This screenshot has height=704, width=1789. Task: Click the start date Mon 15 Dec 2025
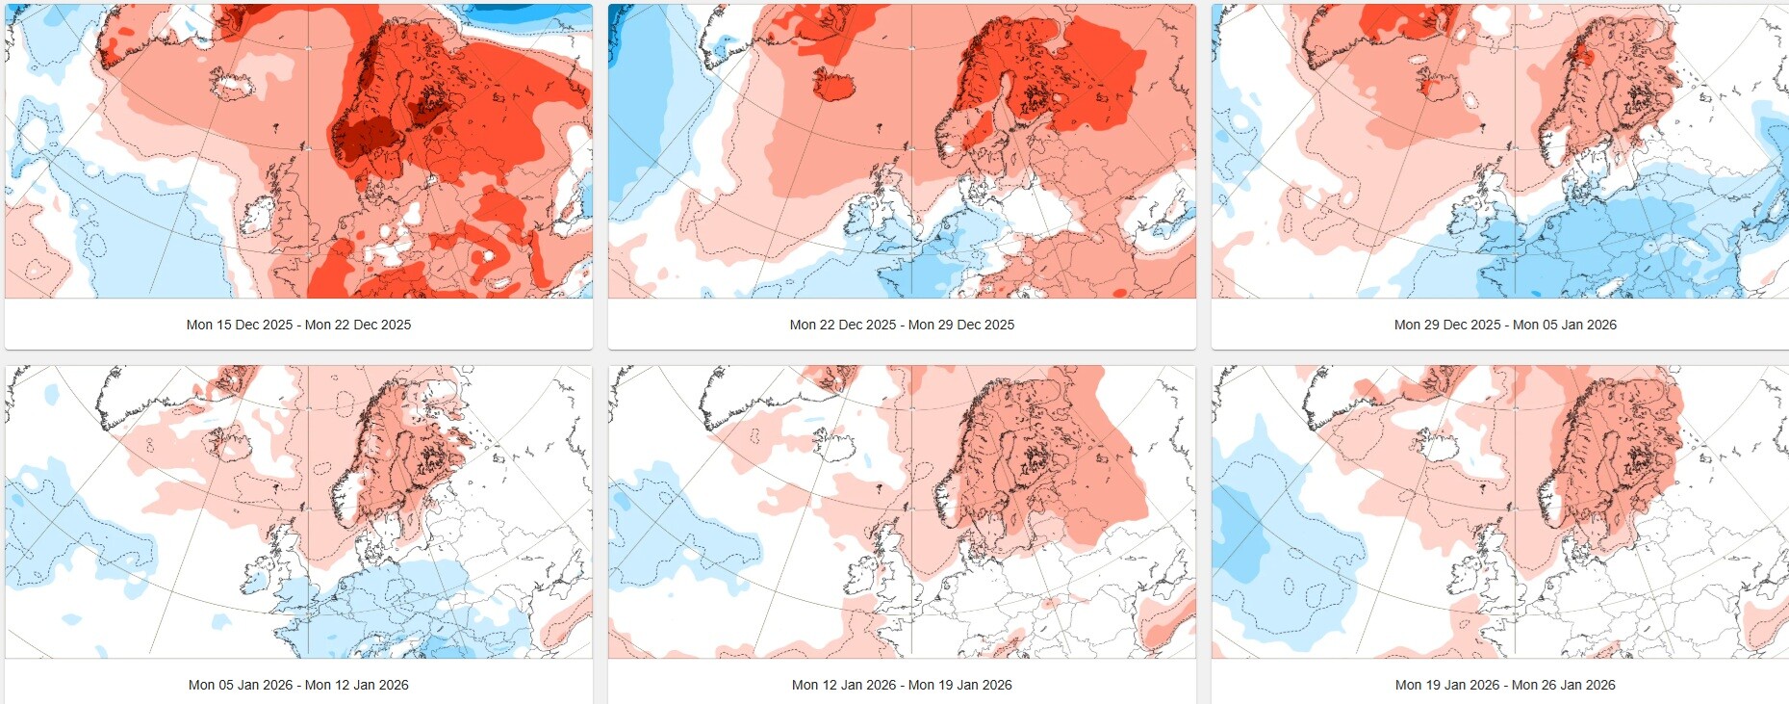(x=240, y=325)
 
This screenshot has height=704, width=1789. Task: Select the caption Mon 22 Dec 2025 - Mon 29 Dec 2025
(x=902, y=325)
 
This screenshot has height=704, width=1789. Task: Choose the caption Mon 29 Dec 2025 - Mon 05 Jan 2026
(x=1505, y=325)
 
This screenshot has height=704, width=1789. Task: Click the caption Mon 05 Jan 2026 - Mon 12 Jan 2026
(x=298, y=685)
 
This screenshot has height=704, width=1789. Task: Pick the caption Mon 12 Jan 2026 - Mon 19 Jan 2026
(x=902, y=685)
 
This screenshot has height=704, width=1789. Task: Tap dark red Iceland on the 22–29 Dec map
(x=834, y=84)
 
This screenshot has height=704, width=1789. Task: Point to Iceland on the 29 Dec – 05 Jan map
(x=1438, y=86)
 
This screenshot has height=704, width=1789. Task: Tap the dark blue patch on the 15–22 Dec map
(x=524, y=12)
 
